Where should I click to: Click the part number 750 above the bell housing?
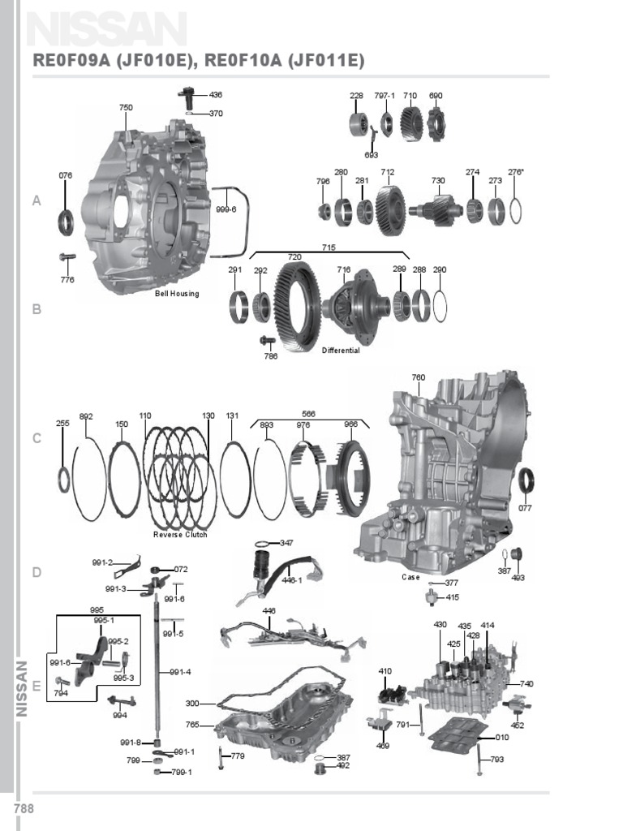[x=126, y=107]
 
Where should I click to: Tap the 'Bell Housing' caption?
[x=177, y=294]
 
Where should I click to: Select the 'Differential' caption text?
[x=341, y=351]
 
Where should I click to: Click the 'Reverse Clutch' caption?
[x=180, y=535]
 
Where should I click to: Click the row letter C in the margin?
[x=37, y=439]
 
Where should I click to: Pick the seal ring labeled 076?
[x=65, y=221]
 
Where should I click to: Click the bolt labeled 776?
[x=67, y=259]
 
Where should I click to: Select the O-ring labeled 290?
[x=440, y=307]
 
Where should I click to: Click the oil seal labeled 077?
[x=526, y=480]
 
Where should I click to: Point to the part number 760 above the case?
[x=418, y=377]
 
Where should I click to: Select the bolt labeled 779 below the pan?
[x=221, y=757]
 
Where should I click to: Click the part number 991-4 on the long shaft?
[x=180, y=672]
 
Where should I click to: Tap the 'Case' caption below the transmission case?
[x=410, y=577]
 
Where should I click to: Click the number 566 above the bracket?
[x=308, y=411]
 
